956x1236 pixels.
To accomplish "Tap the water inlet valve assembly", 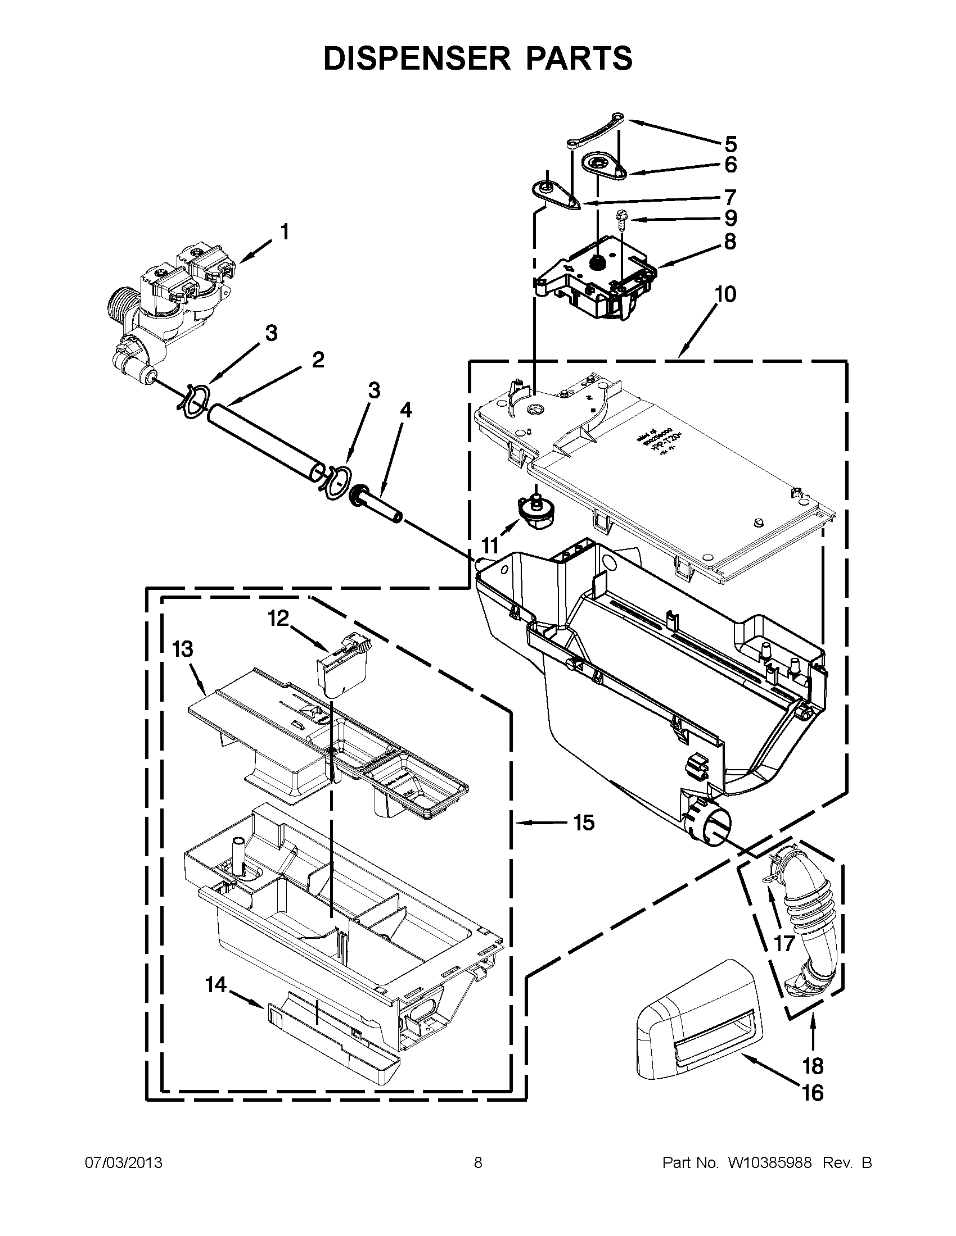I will coord(170,306).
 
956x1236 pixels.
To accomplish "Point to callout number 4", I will coord(405,410).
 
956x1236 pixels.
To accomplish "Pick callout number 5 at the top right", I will coord(730,144).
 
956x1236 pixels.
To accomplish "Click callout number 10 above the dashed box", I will coord(725,294).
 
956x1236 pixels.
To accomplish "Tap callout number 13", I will coord(183,648).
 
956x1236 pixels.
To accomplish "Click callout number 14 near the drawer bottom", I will coord(216,985).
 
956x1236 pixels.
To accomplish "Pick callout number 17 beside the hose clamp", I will coord(784,943).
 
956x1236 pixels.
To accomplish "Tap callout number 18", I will coord(813,1066).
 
